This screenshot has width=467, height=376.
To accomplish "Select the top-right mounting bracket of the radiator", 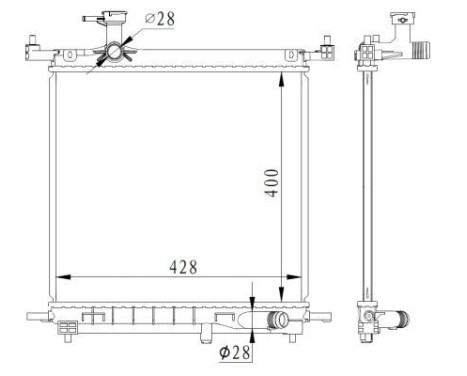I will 326,47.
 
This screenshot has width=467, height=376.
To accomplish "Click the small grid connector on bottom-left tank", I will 68,326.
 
